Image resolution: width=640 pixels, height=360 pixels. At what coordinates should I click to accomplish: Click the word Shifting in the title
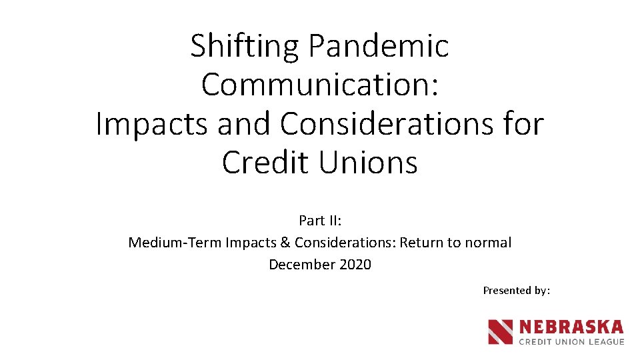pyautogui.click(x=244, y=47)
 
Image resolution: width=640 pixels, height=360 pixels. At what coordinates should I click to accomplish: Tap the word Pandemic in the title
pyautogui.click(x=378, y=47)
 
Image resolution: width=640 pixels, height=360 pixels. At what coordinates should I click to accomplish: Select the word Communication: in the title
pyautogui.click(x=319, y=85)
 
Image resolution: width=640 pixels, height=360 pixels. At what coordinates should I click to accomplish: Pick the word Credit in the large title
pyautogui.click(x=266, y=163)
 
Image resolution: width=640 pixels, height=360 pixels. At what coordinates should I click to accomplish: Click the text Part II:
pyautogui.click(x=320, y=221)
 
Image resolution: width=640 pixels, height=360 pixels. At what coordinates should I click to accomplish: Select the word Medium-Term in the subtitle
pyautogui.click(x=175, y=243)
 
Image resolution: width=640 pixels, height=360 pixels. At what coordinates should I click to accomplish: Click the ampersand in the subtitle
pyautogui.click(x=286, y=243)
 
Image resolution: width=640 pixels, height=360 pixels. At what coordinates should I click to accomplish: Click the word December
pyautogui.click(x=302, y=265)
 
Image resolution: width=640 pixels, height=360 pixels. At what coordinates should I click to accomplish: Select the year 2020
pyautogui.click(x=355, y=265)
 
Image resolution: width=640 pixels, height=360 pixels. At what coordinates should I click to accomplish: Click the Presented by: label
pyautogui.click(x=516, y=290)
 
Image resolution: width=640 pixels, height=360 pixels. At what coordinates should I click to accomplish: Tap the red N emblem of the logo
pyautogui.click(x=500, y=332)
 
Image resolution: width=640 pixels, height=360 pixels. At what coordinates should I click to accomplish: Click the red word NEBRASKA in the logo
pyautogui.click(x=571, y=327)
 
